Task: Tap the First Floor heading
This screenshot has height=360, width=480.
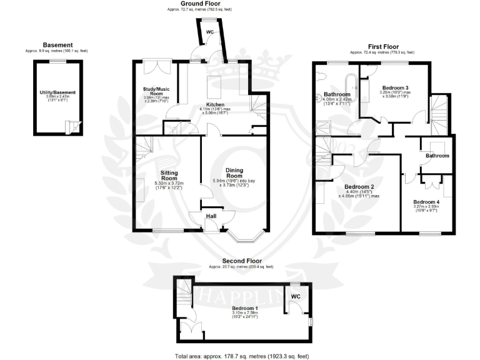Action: (384, 46)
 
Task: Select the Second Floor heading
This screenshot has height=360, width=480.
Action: (242, 261)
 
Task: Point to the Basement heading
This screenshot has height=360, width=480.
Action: (57, 45)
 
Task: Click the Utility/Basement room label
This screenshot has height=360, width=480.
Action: (57, 92)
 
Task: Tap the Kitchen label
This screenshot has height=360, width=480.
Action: (216, 104)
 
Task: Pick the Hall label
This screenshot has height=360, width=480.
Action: (212, 217)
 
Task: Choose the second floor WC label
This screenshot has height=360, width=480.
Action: (296, 296)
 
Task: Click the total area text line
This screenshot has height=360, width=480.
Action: (242, 356)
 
